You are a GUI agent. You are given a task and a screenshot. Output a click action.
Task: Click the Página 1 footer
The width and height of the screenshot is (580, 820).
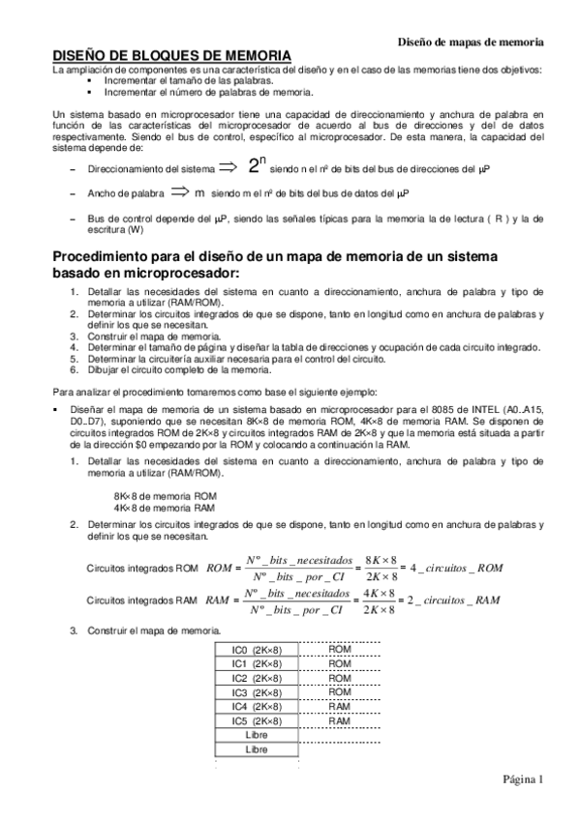pyautogui.click(x=523, y=778)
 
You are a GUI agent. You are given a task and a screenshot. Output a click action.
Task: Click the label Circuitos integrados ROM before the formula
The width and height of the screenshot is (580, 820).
pyautogui.click(x=143, y=568)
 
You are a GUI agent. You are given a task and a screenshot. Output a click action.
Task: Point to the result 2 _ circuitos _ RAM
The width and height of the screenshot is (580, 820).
pyautogui.click(x=454, y=600)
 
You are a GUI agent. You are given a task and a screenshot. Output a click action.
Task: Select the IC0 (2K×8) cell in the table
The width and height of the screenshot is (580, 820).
pyautogui.click(x=257, y=649)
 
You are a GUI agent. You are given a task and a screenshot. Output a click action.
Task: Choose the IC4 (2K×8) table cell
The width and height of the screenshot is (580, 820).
pyautogui.click(x=257, y=707)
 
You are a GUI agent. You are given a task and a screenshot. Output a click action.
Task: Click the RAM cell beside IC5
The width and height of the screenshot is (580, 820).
pyautogui.click(x=339, y=721)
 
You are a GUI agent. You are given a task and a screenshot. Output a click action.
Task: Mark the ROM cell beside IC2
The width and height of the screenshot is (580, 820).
pyautogui.click(x=339, y=678)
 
